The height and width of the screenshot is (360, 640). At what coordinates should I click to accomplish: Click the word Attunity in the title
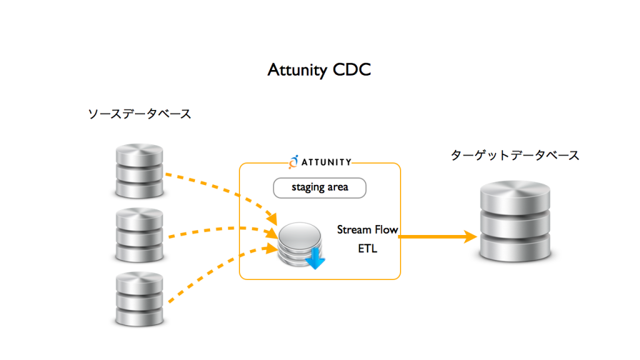tap(297, 70)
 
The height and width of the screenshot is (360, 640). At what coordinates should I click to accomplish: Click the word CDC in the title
tap(352, 69)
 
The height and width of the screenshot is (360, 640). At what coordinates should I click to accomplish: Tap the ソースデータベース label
tap(139, 114)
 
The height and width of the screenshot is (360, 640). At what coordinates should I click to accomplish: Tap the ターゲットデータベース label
tap(515, 155)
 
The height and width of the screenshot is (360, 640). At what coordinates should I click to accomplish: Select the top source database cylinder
tap(139, 171)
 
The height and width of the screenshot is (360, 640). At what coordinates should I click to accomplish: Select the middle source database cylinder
tap(139, 235)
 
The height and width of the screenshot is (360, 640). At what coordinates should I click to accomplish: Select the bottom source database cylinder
tap(139, 299)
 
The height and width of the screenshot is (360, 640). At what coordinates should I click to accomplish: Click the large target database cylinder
tap(515, 221)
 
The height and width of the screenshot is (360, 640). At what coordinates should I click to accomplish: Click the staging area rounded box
tap(319, 187)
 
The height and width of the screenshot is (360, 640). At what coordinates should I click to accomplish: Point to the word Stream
tap(354, 230)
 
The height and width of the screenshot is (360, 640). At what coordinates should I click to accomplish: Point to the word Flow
tap(386, 230)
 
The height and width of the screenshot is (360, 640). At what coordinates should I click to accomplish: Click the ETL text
tap(367, 249)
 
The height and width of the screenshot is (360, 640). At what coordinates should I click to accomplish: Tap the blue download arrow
tap(315, 259)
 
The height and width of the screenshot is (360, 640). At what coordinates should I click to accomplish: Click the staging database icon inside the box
tap(301, 244)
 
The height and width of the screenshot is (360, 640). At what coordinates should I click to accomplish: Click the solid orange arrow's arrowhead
tap(471, 236)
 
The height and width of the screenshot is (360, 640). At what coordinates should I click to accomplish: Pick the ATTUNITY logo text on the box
tap(326, 162)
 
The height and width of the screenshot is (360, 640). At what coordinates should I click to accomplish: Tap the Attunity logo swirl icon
tap(294, 162)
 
